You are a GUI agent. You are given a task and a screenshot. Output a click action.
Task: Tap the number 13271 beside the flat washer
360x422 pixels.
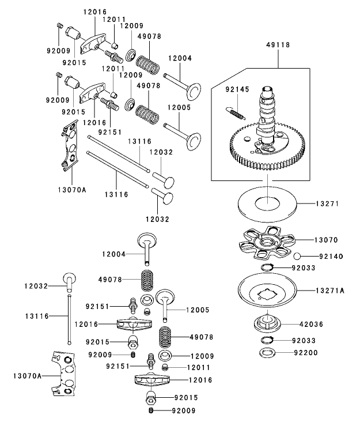(329, 204)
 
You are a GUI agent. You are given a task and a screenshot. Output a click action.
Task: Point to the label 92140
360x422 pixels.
(329, 256)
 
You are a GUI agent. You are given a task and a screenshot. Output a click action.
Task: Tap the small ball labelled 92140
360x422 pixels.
(300, 256)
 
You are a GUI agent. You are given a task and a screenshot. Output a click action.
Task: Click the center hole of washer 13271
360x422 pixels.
(268, 203)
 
